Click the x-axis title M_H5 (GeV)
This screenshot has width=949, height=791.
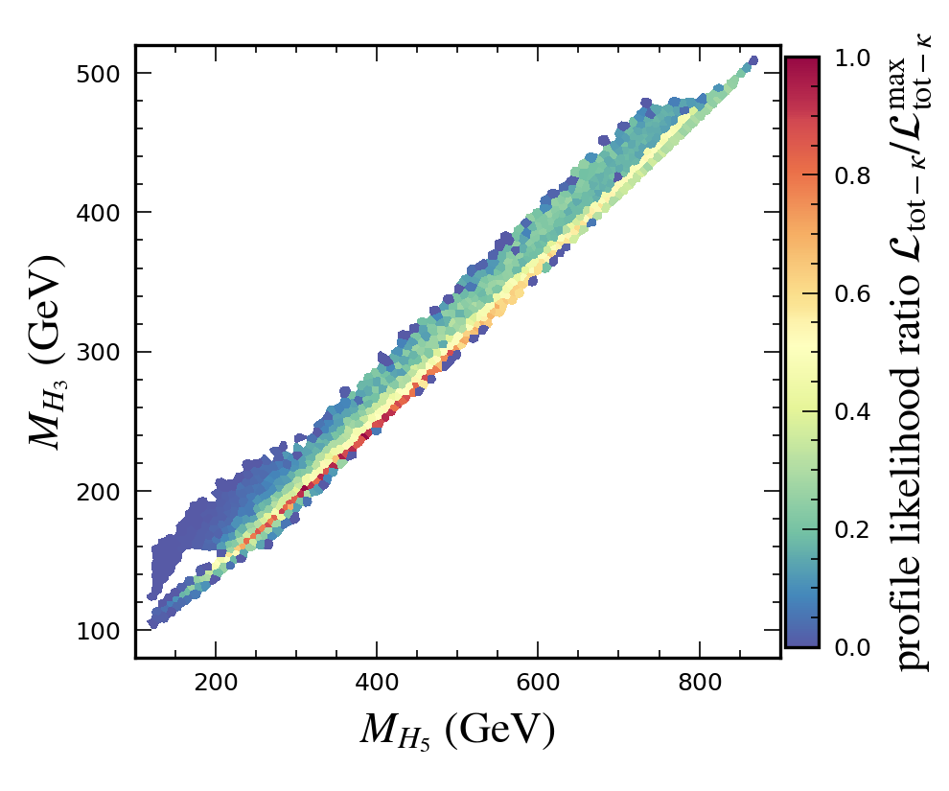(x=457, y=732)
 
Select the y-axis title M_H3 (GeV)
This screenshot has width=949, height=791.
(x=45, y=352)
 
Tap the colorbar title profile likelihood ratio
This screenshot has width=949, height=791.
(x=914, y=352)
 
